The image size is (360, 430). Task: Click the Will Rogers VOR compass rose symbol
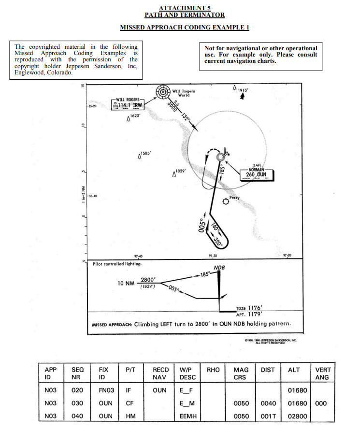pos(163,92)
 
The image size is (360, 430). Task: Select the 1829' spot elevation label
pos(180,172)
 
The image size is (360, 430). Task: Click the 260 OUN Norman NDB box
pos(257,174)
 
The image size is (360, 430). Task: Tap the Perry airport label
pos(234,198)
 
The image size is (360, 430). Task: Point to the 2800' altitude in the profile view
pos(147,280)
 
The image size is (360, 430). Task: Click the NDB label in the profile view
pos(219,267)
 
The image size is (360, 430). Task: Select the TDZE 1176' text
pos(249,308)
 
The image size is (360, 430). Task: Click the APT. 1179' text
pos(249,314)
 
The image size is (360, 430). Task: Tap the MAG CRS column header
pos(240,373)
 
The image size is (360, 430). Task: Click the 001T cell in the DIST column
pos(268,416)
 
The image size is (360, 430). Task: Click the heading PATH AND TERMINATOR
pos(185,15)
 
